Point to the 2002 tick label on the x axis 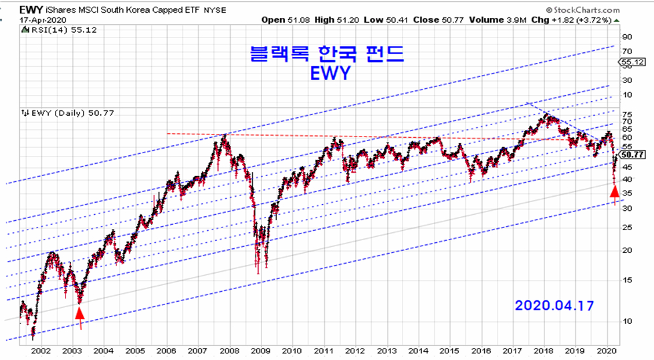[41, 350]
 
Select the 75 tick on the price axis [627, 114]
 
